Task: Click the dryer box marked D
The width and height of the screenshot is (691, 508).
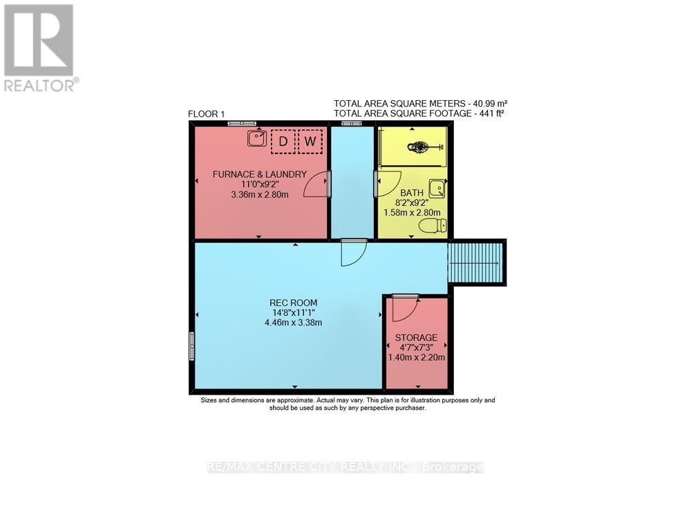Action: point(282,141)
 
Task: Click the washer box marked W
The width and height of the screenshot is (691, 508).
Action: point(310,141)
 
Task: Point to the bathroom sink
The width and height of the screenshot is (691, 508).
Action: point(437,189)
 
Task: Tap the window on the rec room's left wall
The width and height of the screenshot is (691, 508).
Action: point(191,345)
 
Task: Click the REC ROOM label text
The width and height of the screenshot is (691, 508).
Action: point(288,302)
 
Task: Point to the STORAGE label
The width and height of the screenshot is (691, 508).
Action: point(416,337)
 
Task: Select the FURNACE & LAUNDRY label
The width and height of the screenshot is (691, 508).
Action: point(260,174)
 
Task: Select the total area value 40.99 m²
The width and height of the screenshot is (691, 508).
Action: point(490,102)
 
